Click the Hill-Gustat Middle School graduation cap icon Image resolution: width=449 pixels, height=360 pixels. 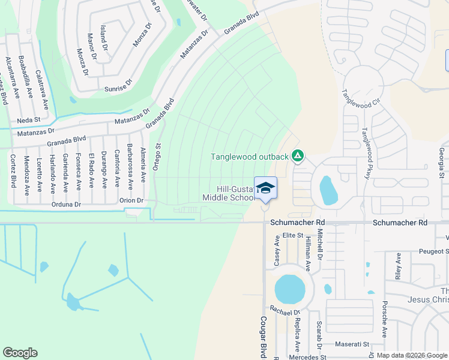click(x=265, y=188)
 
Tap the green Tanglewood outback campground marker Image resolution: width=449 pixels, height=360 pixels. click(x=297, y=157)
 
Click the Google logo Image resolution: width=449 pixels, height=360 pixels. click(x=20, y=353)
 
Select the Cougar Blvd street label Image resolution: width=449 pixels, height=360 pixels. click(x=263, y=337)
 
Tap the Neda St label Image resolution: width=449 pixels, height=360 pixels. click(x=28, y=120)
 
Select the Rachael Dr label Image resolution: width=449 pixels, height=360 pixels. click(x=285, y=312)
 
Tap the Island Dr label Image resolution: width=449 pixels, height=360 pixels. click(x=103, y=37)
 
